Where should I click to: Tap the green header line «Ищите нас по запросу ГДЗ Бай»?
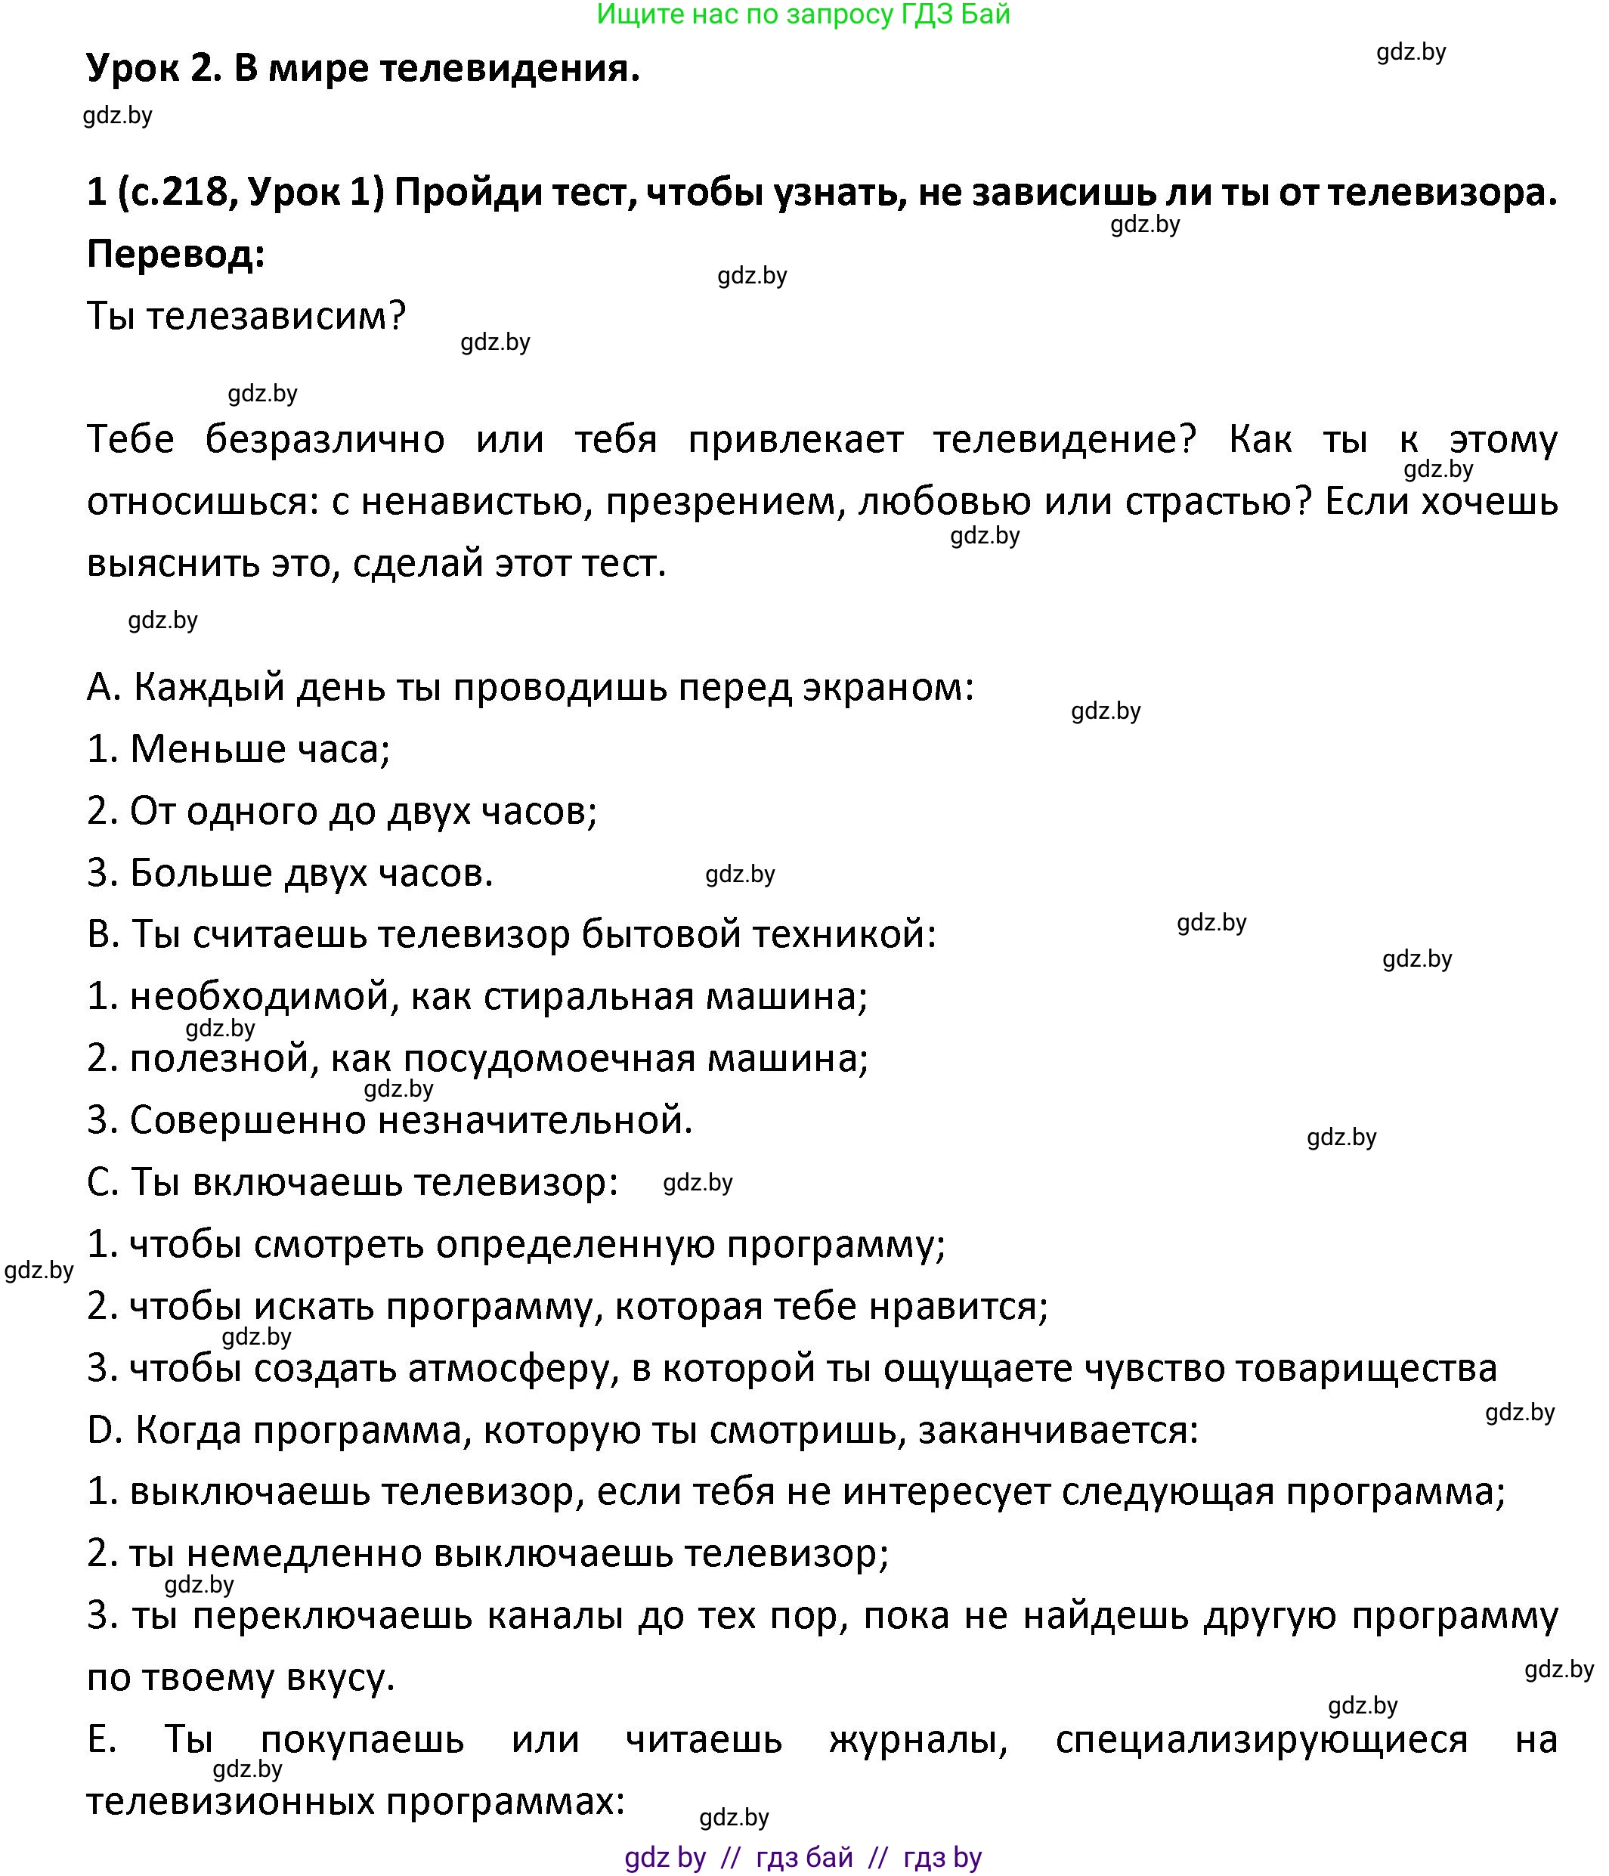(x=803, y=14)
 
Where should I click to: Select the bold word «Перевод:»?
(x=175, y=255)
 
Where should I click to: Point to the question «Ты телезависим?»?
(x=246, y=316)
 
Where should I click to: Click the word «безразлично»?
(x=324, y=439)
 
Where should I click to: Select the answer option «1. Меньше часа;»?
(x=238, y=749)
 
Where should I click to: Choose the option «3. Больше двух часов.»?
(x=289, y=873)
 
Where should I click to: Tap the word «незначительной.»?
(x=535, y=1120)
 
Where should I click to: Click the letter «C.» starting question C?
(x=104, y=1181)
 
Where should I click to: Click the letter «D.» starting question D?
(x=105, y=1429)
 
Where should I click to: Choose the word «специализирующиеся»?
(x=1261, y=1739)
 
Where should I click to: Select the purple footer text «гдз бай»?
(x=804, y=1857)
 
